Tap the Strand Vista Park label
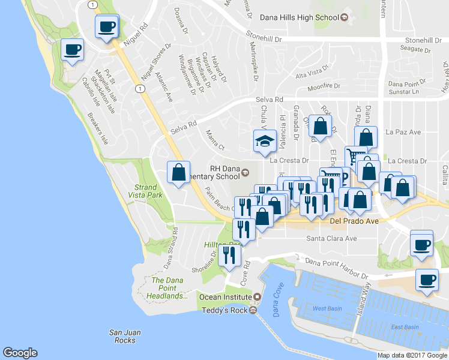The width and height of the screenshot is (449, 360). click(x=145, y=191)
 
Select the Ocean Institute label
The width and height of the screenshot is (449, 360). click(x=226, y=297)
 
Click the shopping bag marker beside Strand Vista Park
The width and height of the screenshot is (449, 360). click(x=179, y=173)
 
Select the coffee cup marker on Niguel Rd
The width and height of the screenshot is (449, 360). click(x=107, y=27)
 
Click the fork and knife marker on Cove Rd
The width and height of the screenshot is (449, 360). click(x=229, y=256)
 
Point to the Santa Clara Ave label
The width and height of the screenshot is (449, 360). click(x=331, y=238)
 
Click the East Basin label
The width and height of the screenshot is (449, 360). click(x=404, y=327)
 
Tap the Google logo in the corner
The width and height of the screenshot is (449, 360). click(x=20, y=353)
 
